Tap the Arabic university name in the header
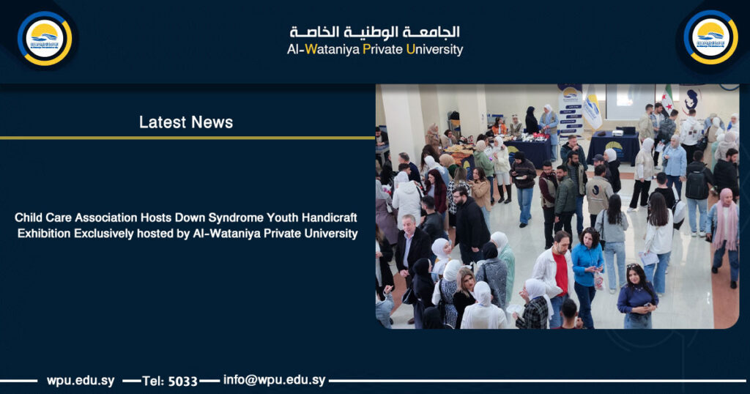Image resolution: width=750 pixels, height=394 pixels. point(374,32)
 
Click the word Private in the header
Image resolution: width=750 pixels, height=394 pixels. point(383,50)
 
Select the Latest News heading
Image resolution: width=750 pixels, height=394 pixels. point(186,122)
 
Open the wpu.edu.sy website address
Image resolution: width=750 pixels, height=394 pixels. point(81,380)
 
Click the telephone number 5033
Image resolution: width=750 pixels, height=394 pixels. point(183,381)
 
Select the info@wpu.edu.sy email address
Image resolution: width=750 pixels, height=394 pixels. point(275,380)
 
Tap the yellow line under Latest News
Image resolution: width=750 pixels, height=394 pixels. point(187,137)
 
